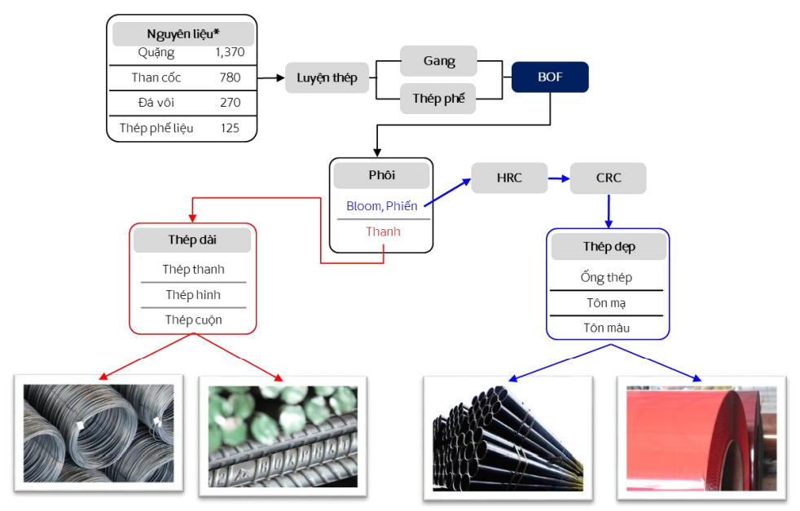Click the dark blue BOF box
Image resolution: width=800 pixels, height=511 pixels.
click(550, 77)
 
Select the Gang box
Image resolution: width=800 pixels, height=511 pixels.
click(438, 61)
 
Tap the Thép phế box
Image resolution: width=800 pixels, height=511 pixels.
click(438, 99)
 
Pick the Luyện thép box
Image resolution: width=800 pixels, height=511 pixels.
click(327, 78)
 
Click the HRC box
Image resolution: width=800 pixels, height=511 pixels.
click(509, 178)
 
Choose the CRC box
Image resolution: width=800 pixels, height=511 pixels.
click(608, 178)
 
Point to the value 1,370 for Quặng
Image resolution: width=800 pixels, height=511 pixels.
click(230, 52)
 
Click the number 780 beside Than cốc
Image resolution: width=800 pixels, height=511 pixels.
click(230, 77)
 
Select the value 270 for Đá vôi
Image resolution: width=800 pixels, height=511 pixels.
click(230, 103)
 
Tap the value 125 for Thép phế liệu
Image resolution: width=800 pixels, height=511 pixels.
click(230, 128)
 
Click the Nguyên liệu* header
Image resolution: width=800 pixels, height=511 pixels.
click(183, 33)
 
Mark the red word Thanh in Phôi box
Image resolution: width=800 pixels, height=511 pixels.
click(383, 231)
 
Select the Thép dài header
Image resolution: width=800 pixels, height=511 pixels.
click(193, 240)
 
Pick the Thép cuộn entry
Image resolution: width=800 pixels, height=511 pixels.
click(193, 319)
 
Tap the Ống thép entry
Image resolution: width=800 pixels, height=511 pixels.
click(606, 277)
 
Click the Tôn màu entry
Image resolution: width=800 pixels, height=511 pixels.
click(606, 328)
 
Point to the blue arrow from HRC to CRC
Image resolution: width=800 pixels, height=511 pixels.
click(558, 178)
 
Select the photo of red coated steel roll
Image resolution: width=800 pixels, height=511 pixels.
click(700, 438)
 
